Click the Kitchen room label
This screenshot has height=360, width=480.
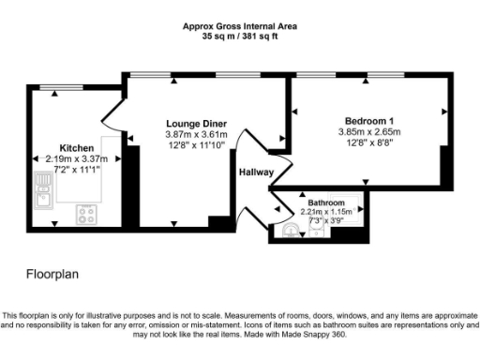click(76, 148)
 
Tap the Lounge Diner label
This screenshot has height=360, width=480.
click(197, 124)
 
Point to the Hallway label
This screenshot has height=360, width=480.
click(255, 172)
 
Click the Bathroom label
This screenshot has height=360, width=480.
click(325, 203)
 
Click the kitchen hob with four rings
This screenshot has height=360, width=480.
click(87, 214)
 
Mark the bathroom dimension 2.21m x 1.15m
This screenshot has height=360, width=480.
click(325, 212)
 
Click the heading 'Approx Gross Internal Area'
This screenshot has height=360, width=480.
click(240, 26)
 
